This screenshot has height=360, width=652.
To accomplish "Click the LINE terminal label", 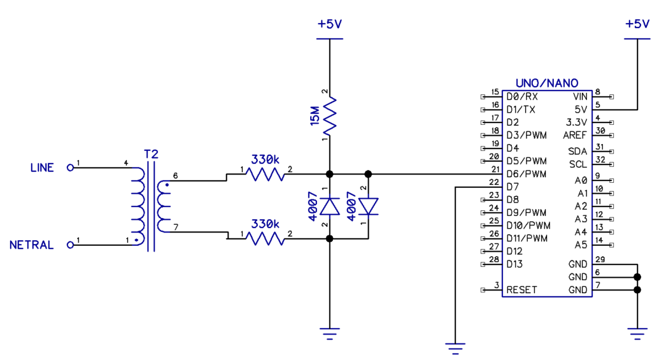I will (x=42, y=168).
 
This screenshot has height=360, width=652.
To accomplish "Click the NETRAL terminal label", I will (x=32, y=245).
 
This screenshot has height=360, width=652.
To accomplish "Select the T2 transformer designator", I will (x=151, y=155).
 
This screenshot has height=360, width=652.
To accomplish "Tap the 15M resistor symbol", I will (x=329, y=115).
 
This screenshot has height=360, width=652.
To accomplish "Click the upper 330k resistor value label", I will (x=265, y=159).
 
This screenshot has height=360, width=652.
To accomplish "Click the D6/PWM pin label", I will (x=527, y=174).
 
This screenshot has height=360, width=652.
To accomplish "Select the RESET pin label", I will (x=521, y=289).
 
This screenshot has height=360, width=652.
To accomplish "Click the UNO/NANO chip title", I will (x=547, y=83).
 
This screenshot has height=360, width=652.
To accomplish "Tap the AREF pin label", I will (x=575, y=135).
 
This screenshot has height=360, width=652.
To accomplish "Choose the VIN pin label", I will (x=580, y=97).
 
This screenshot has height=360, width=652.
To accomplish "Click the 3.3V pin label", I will (x=576, y=122).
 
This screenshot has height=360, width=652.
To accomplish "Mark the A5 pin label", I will (x=581, y=245).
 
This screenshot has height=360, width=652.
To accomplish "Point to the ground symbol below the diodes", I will (x=329, y=331).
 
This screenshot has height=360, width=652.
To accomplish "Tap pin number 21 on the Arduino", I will (x=495, y=169).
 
